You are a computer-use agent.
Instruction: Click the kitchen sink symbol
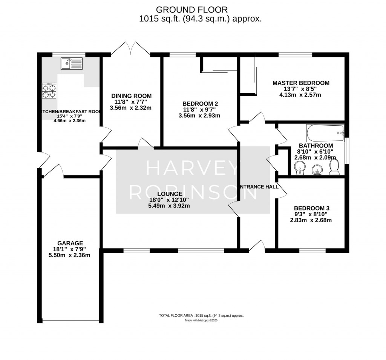click(71, 63)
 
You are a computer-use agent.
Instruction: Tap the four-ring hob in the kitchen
click(49, 91)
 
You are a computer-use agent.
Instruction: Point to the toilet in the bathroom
click(334, 167)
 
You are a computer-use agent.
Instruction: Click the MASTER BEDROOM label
click(301, 83)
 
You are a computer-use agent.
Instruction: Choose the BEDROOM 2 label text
click(200, 103)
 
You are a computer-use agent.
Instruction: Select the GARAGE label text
click(70, 243)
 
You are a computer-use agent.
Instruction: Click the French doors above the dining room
click(130, 48)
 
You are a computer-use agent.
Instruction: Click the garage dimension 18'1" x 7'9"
click(70, 249)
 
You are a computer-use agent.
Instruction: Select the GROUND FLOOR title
click(192, 9)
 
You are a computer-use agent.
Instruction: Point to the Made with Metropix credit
click(201, 320)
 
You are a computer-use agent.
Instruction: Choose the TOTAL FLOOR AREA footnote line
click(201, 315)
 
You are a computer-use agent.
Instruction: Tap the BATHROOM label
click(316, 146)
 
